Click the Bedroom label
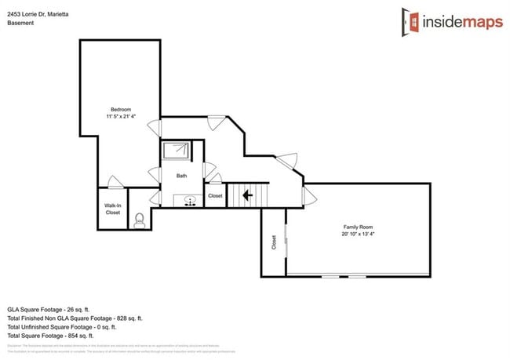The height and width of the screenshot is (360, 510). point(120,109)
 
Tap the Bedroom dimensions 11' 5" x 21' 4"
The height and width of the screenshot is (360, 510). point(120,116)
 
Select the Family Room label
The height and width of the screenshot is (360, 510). point(356,227)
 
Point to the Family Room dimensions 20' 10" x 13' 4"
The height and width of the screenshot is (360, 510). point(356,234)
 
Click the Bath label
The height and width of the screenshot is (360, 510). point(181,176)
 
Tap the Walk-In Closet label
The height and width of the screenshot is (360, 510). point(112,209)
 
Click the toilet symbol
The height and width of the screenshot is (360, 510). point(140,220)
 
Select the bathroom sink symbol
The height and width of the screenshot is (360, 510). point(190,202)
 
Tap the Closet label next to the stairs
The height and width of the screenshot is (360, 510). point(216,196)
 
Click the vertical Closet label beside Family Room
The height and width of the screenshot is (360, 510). point(274,242)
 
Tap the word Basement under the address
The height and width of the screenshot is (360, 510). point(20,23)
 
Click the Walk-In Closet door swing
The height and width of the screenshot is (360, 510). point(116,183)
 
